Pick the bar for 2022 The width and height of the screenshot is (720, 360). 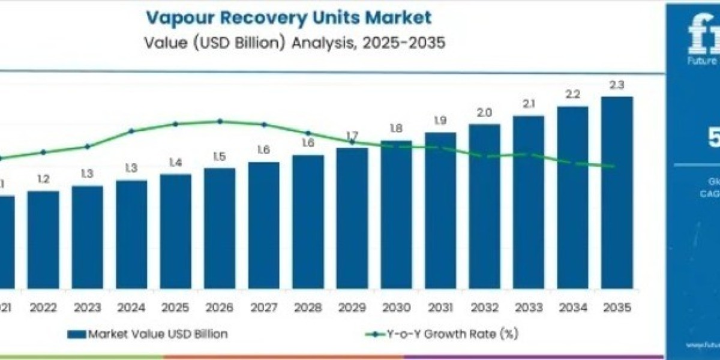[x=43, y=239]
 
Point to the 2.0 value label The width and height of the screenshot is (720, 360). [x=484, y=113]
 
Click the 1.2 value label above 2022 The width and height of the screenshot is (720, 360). [x=43, y=179]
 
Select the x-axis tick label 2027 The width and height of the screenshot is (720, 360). [x=263, y=308]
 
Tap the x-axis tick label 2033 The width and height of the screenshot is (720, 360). [x=529, y=308]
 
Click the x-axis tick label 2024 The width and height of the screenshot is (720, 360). [x=131, y=308]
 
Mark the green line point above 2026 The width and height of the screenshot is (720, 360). [x=220, y=121]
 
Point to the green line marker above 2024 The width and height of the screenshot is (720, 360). [x=131, y=131]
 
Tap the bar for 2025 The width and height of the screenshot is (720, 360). [x=175, y=231]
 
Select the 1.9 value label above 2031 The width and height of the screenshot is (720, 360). [x=440, y=121]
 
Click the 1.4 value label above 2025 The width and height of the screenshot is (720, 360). [x=175, y=163]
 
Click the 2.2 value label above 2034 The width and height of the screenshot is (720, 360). [x=572, y=95]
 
